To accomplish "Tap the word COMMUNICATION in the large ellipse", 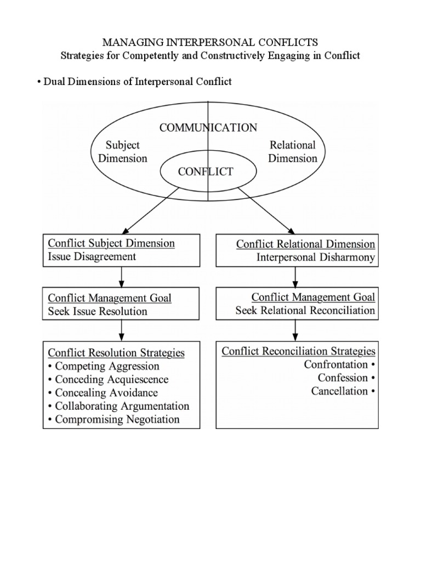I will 208,128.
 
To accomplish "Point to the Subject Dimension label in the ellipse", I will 126,152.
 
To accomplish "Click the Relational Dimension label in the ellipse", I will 293,152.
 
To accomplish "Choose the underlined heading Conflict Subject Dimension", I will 111,243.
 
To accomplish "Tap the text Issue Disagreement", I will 92,256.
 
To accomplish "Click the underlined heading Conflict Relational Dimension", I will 305,244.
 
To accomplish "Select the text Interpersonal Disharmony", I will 316,257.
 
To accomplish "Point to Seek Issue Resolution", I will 98,311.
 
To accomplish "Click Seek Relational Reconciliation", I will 305,311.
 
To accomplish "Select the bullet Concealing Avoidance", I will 106,393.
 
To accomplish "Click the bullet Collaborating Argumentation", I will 122,406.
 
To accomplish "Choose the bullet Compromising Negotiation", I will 117,420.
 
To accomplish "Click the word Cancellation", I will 339,391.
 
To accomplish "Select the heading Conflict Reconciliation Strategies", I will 298,351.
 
